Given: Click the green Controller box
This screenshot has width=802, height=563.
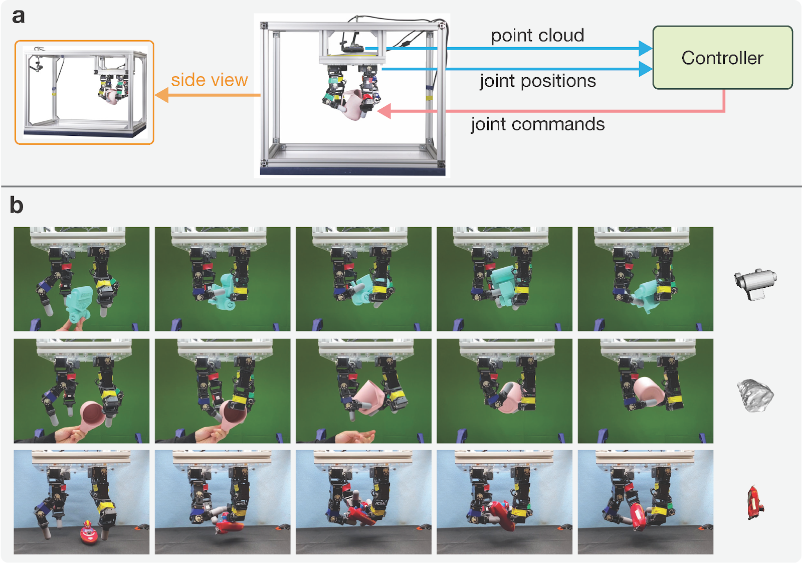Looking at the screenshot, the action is coord(722,57).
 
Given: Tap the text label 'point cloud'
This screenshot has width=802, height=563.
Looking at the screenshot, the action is coord(537,36).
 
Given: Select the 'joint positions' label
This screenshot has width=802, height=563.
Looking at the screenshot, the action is coord(538,81).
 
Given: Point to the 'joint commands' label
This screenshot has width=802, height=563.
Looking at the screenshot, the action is coord(538,124).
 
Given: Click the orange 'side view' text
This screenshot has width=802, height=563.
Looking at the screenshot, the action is coord(210,80).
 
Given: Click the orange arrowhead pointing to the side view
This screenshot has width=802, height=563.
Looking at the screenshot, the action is coord(161,95).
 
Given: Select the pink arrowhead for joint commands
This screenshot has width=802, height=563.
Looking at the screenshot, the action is coord(384,111).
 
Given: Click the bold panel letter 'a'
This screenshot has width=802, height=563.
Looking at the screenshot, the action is coord(18,17).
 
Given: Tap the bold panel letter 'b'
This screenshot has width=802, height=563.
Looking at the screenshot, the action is coord(17,205).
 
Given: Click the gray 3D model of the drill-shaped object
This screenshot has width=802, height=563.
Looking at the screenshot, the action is coord(755,284).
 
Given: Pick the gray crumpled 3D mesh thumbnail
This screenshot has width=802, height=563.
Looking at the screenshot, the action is coord(755,396).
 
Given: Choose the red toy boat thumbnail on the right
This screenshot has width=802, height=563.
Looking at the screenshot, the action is coord(755,502).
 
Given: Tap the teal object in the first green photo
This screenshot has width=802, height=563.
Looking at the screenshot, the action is coord(79,304).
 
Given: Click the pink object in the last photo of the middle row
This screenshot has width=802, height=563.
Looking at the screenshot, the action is coord(649,392).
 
